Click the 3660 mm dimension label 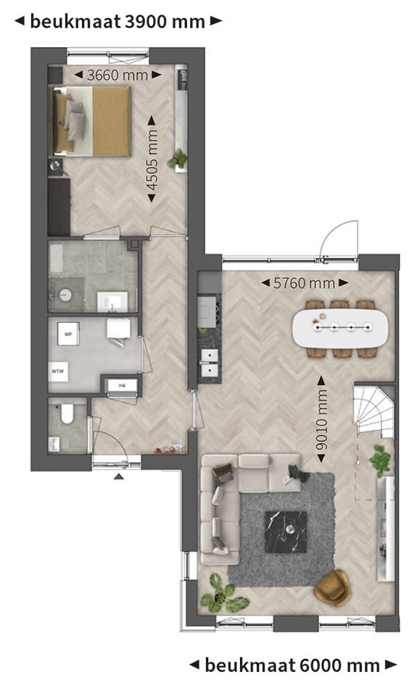coord(117,75)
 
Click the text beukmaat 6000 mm coord(292,664)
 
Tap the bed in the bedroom coord(91,121)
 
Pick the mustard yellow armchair coord(333,586)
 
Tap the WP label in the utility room coord(68,335)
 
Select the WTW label coord(58,371)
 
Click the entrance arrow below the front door coord(120,476)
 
